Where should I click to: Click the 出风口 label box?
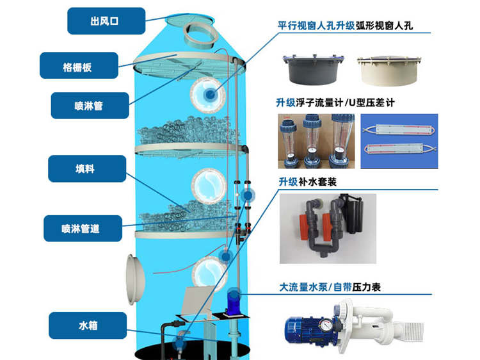pyautogui.click(x=106, y=21)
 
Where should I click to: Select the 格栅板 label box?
pyautogui.click(x=79, y=65)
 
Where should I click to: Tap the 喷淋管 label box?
pyautogui.click(x=90, y=106)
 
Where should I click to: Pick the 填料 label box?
pyautogui.click(x=87, y=168)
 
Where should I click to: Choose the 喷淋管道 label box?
pyautogui.click(x=83, y=228)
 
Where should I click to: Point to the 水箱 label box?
pyautogui.click(x=88, y=325)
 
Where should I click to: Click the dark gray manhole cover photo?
pyautogui.click(x=313, y=70)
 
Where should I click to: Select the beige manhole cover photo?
pyautogui.click(x=388, y=70)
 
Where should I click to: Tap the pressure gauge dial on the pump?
pyautogui.click(x=326, y=325)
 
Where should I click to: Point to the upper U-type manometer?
pyautogui.click(x=399, y=130)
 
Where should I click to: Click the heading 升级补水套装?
pyautogui.click(x=308, y=182)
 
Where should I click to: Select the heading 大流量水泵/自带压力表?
pyautogui.click(x=330, y=288)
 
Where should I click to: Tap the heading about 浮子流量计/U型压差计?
pyautogui.click(x=335, y=102)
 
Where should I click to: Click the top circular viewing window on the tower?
pyautogui.click(x=208, y=95)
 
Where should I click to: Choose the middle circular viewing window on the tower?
pyautogui.click(x=209, y=186)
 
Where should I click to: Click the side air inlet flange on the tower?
pyautogui.click(x=134, y=279)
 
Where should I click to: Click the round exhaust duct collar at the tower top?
pyautogui.click(x=201, y=35)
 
